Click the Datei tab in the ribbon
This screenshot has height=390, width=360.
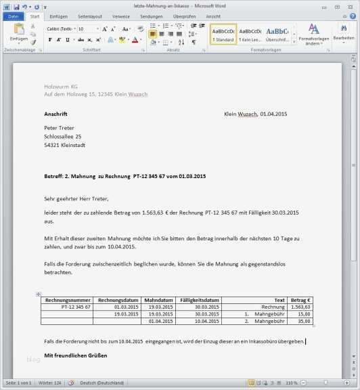(x=14, y=16)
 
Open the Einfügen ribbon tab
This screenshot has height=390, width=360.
(x=58, y=16)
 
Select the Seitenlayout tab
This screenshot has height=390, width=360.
(x=89, y=16)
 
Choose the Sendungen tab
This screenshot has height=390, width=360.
(x=151, y=16)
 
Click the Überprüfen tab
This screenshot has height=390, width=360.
(x=184, y=16)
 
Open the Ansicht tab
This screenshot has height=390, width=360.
(x=212, y=16)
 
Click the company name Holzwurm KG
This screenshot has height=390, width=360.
(x=61, y=86)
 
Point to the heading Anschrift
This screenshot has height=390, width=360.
(x=56, y=114)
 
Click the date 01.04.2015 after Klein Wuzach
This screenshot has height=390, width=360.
(x=273, y=114)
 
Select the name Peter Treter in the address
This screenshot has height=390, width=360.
(x=59, y=128)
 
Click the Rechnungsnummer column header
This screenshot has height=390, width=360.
(x=66, y=300)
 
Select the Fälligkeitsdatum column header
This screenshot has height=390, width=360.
(x=200, y=300)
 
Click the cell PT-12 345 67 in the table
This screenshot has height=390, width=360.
(x=76, y=307)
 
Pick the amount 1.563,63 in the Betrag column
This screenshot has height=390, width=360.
(x=300, y=307)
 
